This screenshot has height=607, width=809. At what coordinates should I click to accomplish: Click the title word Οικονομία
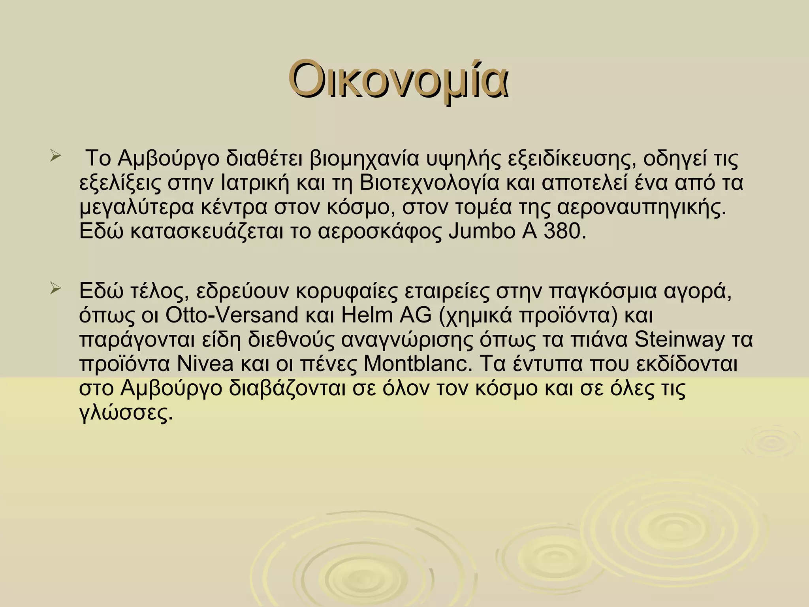click(x=398, y=79)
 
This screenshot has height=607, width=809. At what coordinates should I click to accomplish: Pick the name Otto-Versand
click(x=232, y=315)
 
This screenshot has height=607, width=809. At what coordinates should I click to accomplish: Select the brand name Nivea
click(x=205, y=364)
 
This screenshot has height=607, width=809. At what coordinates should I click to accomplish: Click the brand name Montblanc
click(x=418, y=364)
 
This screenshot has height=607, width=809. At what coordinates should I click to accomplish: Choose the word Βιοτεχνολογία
click(x=430, y=183)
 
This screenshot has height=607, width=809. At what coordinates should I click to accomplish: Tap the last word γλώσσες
click(x=126, y=413)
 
